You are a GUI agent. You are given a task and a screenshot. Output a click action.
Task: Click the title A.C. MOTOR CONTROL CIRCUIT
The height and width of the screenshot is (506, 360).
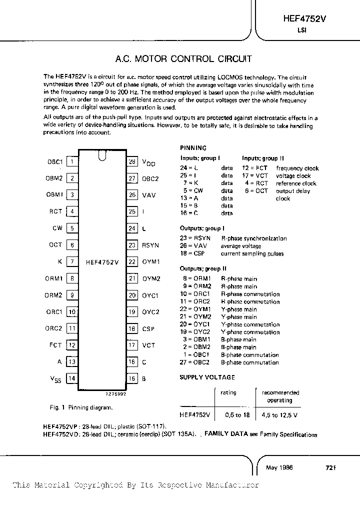tap(183, 59)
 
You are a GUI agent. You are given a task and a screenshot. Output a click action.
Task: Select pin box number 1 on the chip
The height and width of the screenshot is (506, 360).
tap(72, 161)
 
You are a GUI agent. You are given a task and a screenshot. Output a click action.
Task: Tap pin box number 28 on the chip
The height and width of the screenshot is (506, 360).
tap(132, 161)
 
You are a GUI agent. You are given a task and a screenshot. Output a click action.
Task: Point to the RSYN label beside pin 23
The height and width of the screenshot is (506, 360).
tap(150, 245)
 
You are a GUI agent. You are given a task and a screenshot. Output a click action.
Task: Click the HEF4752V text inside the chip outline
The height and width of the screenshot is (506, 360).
tap(102, 261)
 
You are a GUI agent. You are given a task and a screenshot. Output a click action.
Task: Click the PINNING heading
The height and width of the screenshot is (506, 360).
tap(193, 148)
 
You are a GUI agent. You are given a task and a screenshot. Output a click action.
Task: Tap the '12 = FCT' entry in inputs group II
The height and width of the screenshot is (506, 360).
tap(255, 168)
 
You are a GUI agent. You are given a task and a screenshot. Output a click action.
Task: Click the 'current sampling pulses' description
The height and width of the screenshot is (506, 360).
tap(252, 253)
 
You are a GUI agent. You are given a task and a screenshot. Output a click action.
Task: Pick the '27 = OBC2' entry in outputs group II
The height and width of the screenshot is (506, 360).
tap(194, 362)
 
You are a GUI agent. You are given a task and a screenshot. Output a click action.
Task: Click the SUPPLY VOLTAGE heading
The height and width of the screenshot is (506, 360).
tap(207, 377)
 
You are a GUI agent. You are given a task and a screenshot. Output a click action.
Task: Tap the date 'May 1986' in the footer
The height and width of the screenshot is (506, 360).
tap(279, 467)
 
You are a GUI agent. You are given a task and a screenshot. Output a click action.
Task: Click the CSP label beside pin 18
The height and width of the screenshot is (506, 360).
tap(148, 329)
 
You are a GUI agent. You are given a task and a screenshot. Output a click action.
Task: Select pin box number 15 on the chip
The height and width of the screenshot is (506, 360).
tap(132, 378)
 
